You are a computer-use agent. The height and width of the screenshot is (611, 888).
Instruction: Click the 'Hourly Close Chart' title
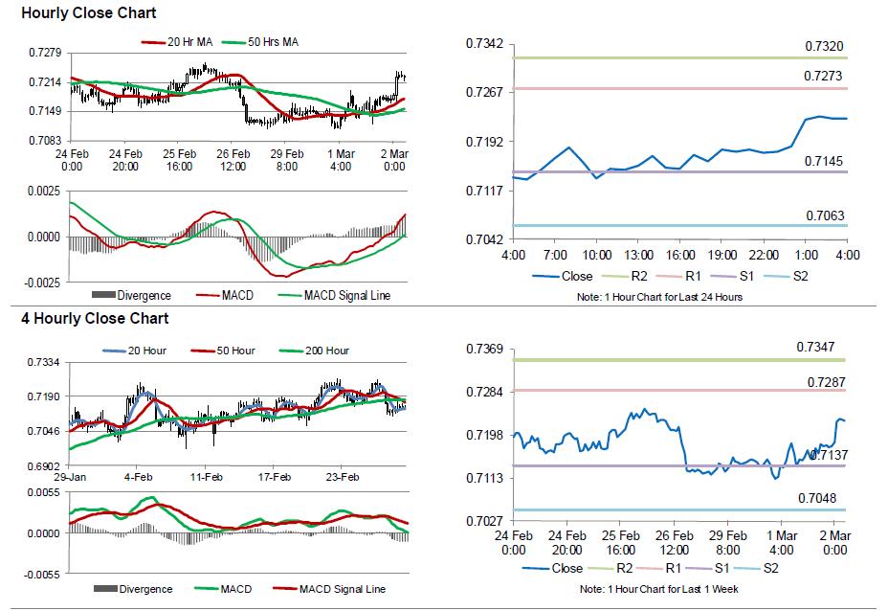[x=88, y=13]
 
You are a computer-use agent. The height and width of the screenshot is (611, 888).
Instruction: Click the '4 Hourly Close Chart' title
[x=95, y=319]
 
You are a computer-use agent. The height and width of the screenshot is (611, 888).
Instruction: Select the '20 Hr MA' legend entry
[x=177, y=42]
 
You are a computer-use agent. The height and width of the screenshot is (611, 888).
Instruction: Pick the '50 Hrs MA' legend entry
[x=260, y=42]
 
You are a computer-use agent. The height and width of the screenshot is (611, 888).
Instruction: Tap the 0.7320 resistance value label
[x=824, y=47]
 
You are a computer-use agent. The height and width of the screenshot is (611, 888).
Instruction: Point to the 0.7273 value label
[x=823, y=76]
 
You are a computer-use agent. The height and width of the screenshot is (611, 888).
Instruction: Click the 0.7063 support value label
[x=825, y=215]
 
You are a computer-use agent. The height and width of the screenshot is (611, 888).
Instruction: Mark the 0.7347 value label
[x=815, y=347]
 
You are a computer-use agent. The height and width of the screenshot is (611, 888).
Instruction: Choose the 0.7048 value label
[x=817, y=498]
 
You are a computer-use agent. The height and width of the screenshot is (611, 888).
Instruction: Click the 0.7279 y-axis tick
[x=45, y=54]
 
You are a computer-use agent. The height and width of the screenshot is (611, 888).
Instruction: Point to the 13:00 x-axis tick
[x=638, y=255]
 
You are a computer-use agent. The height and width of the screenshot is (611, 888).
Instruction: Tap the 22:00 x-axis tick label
[x=764, y=255]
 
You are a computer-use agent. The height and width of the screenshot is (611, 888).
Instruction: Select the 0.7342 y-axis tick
[x=484, y=44]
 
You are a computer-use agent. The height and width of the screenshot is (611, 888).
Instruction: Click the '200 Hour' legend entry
[x=314, y=351]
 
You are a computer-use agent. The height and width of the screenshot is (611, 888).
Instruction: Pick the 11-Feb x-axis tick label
[x=206, y=477]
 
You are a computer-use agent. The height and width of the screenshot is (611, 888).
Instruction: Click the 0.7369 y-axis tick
[x=484, y=349]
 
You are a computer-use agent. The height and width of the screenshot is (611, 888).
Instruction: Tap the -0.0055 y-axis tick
[x=42, y=575]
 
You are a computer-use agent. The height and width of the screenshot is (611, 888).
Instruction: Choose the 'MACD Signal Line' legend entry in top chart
[x=334, y=295]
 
